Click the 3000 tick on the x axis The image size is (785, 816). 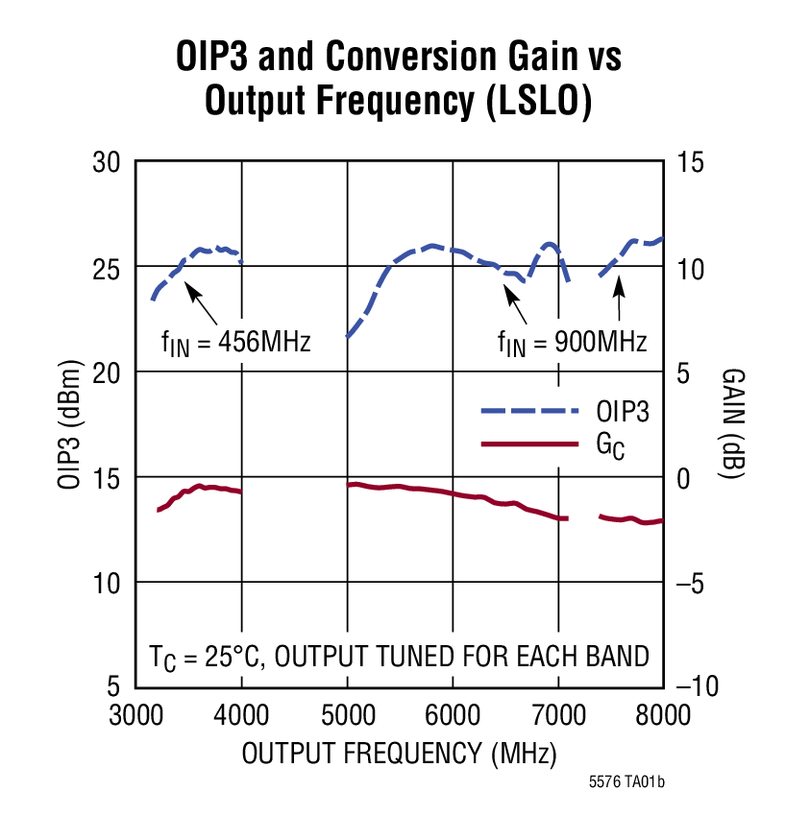pos(135,715)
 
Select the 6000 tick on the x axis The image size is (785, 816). pos(452,715)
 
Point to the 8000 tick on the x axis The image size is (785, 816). pos(663,715)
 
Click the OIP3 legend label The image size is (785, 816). pos(624,412)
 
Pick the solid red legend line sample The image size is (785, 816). pos(529,444)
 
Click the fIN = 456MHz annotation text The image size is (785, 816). pos(236,341)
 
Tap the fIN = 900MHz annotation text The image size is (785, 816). pos(572,341)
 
